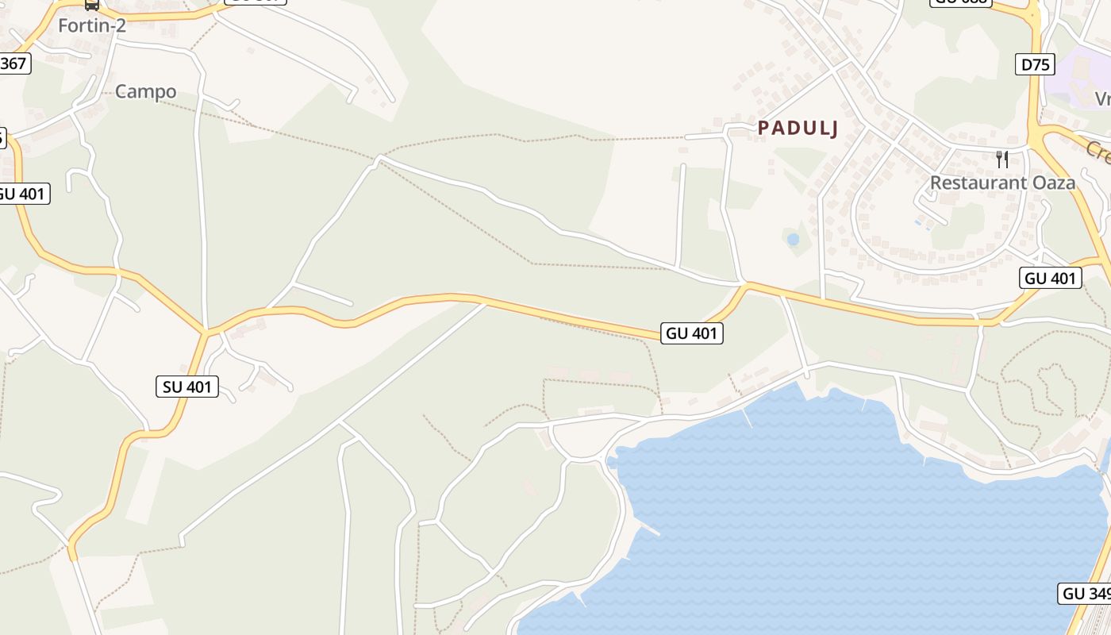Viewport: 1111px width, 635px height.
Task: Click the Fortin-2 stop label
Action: point(92,25)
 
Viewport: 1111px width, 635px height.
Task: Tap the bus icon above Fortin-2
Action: point(92,5)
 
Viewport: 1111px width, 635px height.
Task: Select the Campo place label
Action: point(146,91)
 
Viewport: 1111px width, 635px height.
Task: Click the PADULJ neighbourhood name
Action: point(798,128)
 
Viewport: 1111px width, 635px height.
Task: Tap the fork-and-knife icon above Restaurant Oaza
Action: point(1002,160)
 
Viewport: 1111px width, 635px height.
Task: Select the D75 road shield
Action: point(1036,65)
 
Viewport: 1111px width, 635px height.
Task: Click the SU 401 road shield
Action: point(187,387)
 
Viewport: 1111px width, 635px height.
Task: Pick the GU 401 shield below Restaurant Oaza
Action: point(1051,278)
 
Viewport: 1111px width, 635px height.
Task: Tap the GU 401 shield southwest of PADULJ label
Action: point(692,333)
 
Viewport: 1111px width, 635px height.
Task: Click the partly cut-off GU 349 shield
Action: point(1085,593)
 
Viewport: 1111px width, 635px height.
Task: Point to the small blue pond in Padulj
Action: point(793,239)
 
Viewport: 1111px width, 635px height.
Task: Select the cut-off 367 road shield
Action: point(13,63)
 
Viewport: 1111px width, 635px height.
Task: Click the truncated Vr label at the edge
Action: point(1102,98)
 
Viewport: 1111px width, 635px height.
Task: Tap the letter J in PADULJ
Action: point(833,128)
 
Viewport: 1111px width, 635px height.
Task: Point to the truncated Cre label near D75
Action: point(1098,151)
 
